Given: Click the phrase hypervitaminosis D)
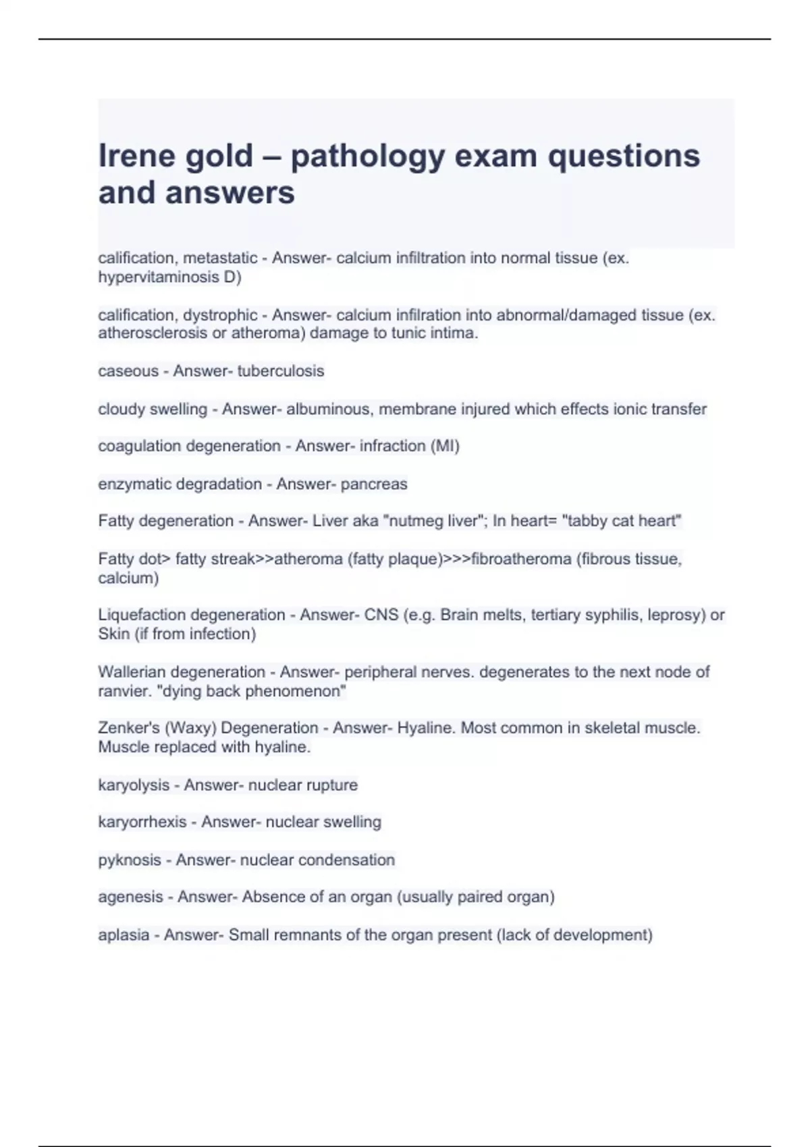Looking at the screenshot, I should pyautogui.click(x=169, y=277).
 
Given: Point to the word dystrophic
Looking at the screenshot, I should pyautogui.click(x=220, y=315).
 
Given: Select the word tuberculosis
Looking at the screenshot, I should pyautogui.click(x=280, y=371).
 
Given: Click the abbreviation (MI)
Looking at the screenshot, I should pyautogui.click(x=445, y=446).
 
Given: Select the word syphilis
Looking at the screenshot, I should pyautogui.click(x=612, y=615).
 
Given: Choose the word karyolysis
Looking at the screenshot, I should pyautogui.click(x=134, y=785).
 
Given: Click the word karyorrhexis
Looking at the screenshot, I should pyautogui.click(x=142, y=822).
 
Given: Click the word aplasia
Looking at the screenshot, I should pyautogui.click(x=124, y=934).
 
